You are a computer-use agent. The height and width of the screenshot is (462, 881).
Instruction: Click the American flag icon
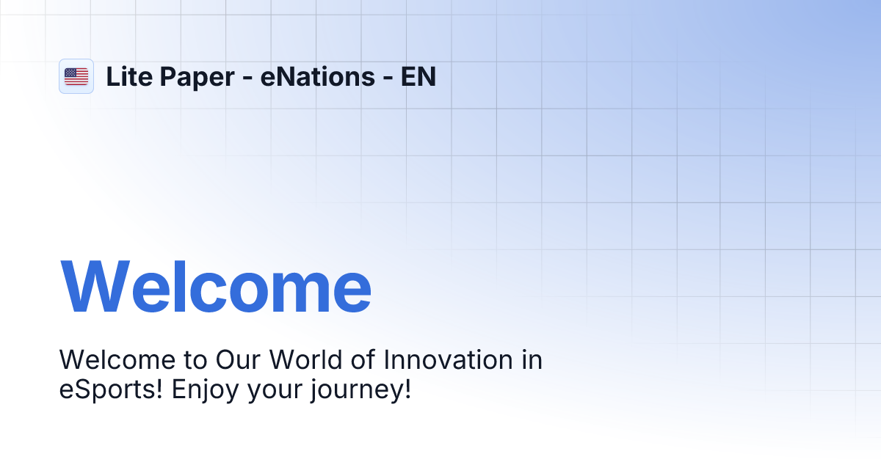tap(76, 76)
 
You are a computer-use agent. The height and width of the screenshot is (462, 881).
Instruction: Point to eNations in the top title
tap(317, 76)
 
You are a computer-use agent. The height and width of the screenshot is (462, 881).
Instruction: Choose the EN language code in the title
tap(418, 76)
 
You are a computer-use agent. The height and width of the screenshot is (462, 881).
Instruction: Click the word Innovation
tap(449, 360)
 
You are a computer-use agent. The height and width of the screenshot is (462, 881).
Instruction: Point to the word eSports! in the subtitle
tap(111, 389)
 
